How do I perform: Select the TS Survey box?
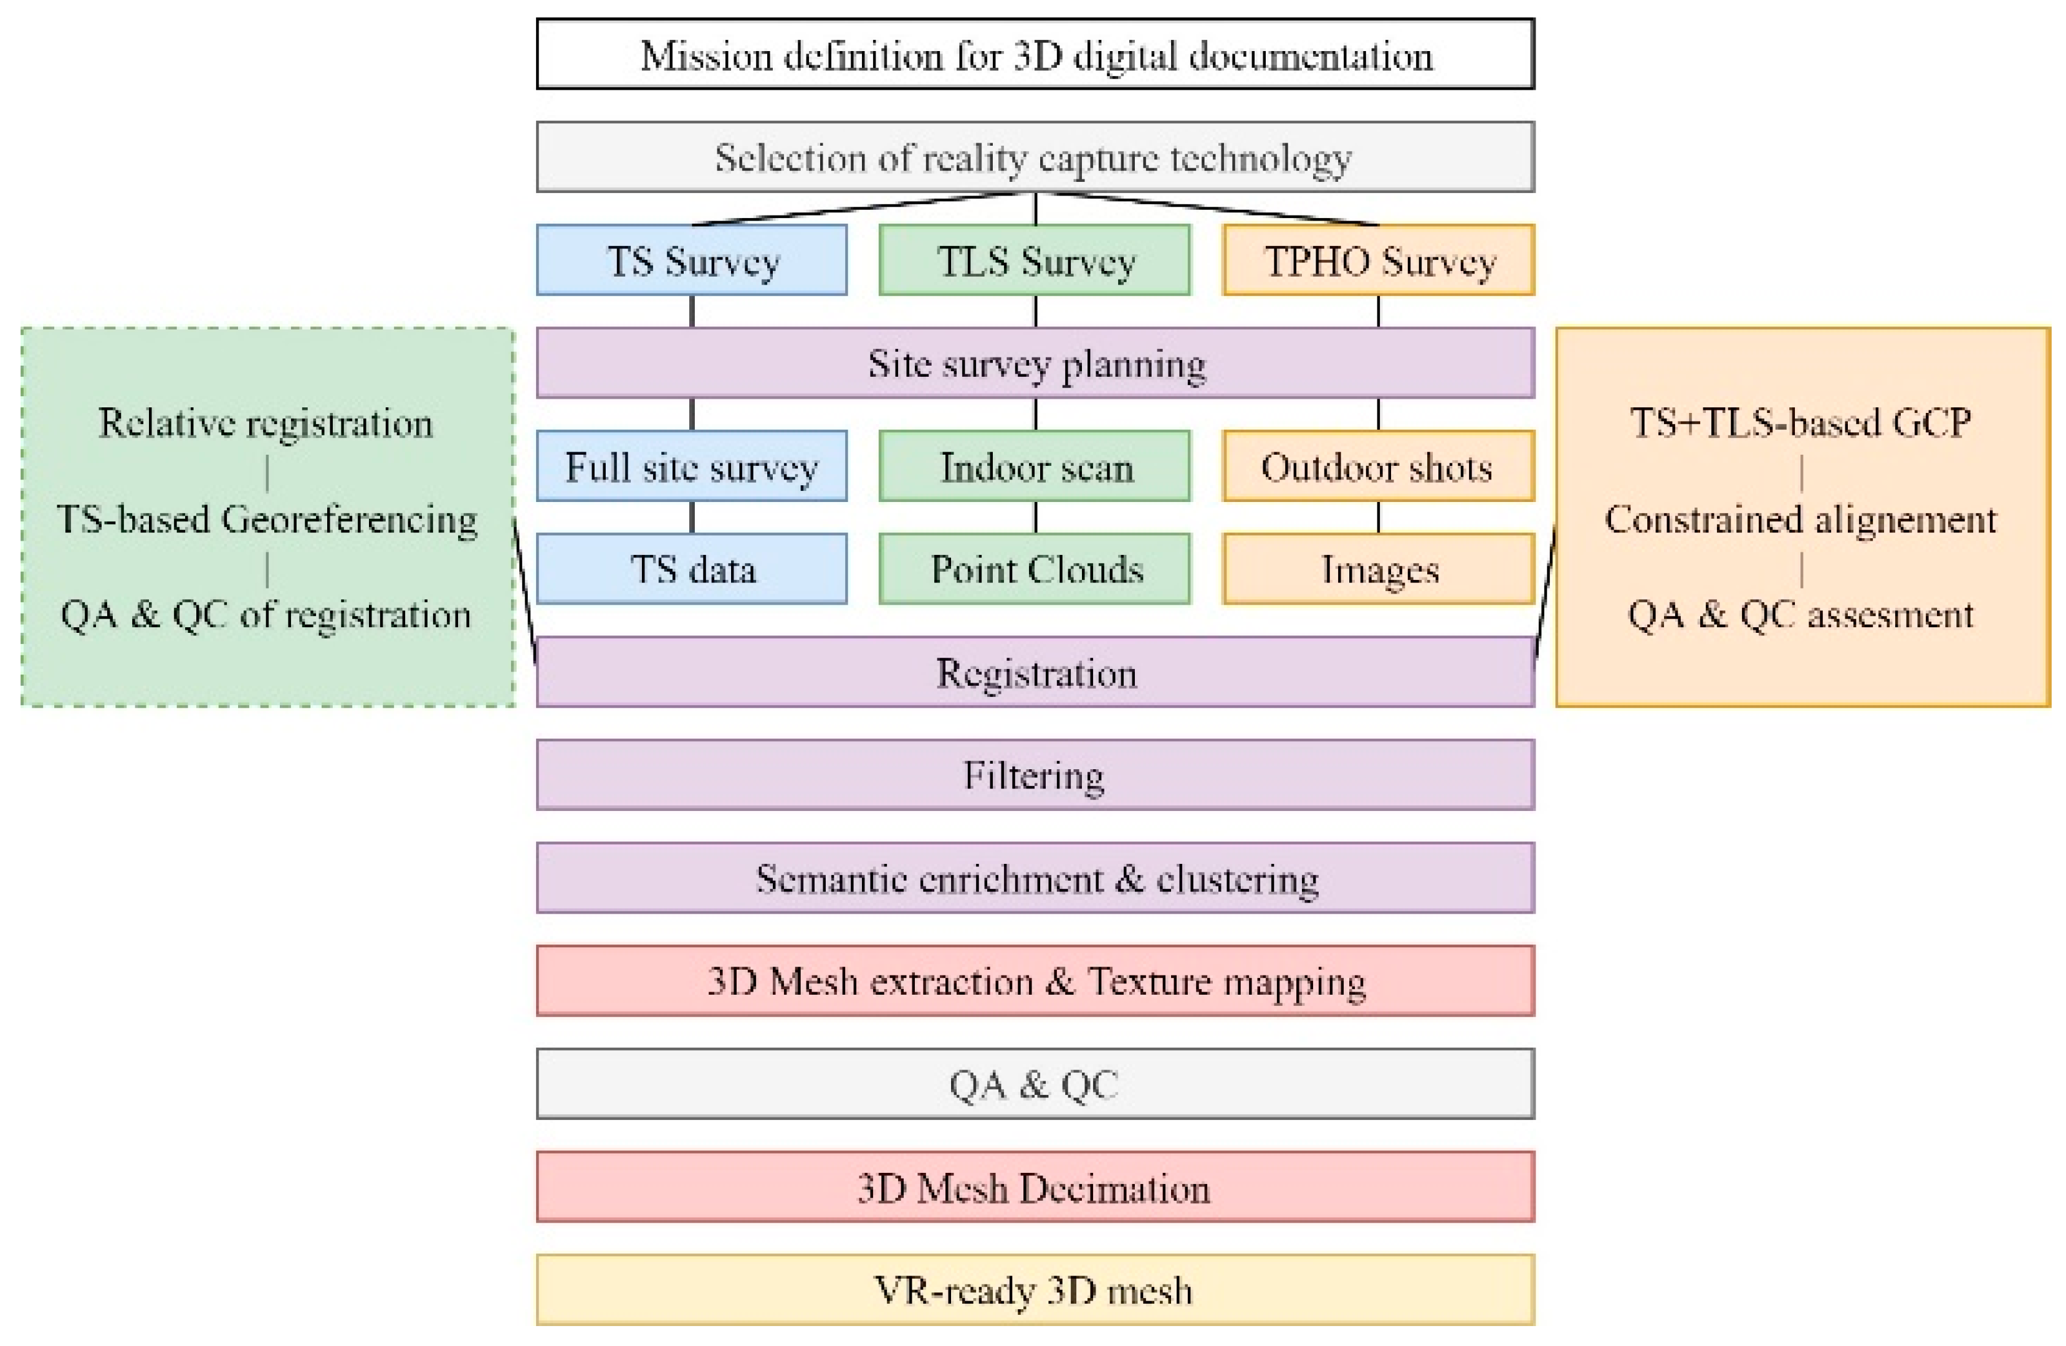click(x=691, y=260)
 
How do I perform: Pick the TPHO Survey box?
click(x=1379, y=260)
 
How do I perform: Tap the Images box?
click(x=1379, y=569)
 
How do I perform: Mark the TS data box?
click(x=691, y=569)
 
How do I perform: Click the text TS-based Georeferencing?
click(x=267, y=519)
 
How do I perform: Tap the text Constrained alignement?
click(x=1801, y=519)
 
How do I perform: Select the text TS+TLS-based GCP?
click(x=1801, y=424)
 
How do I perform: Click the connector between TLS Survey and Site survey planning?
click(x=1036, y=311)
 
